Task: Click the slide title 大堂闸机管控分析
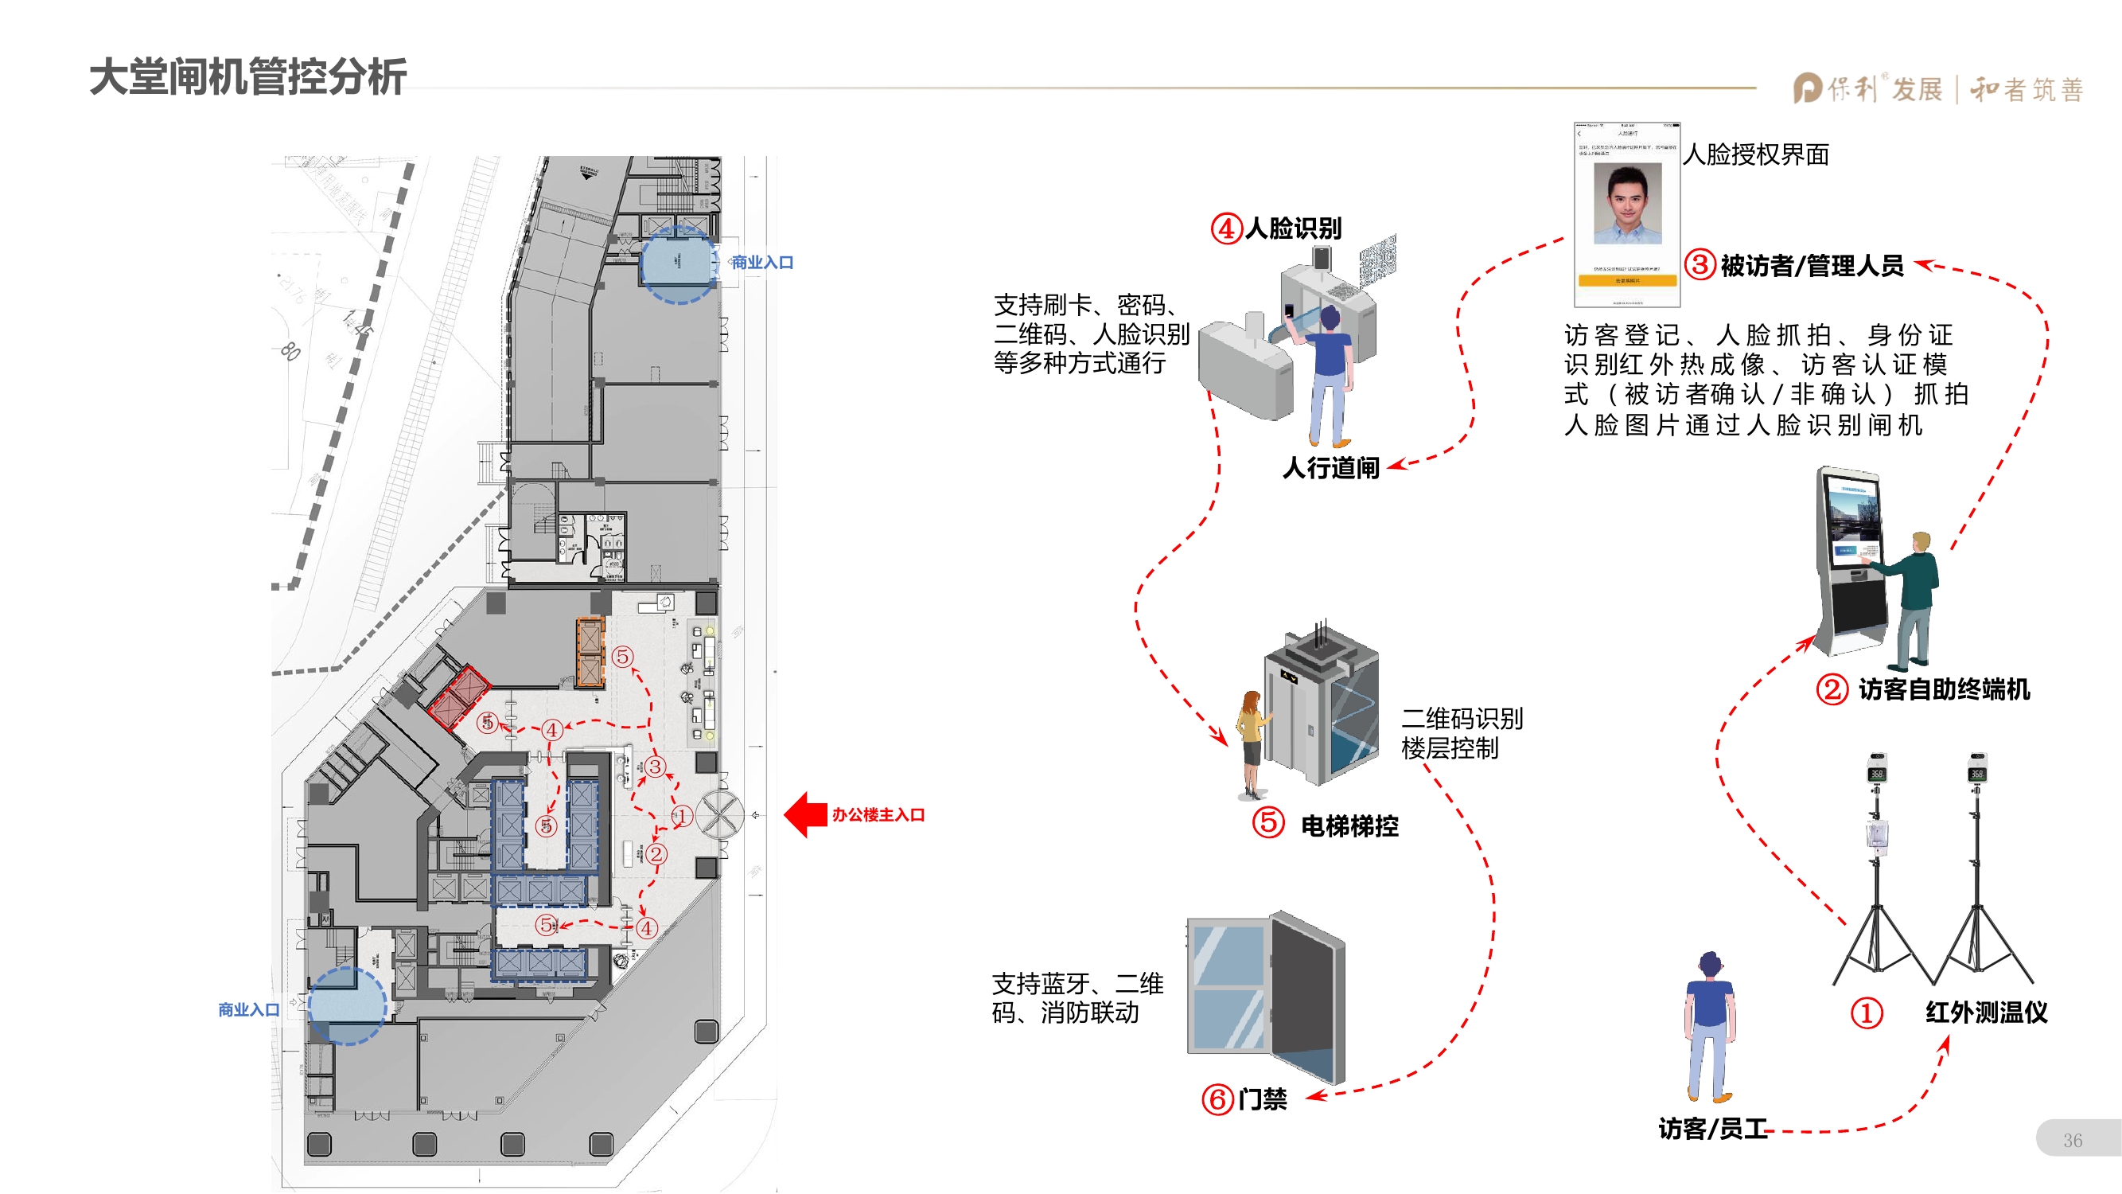247,76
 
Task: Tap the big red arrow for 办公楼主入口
806,815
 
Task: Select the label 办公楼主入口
878,815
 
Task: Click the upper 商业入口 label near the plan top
762,263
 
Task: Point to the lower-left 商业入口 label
249,1009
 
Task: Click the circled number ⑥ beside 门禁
1217,1099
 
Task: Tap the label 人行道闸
1330,468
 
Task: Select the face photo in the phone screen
1627,204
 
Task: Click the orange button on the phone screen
1627,281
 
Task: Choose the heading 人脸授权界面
1755,155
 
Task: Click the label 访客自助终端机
1944,689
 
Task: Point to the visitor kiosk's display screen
1853,528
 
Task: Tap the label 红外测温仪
1986,1012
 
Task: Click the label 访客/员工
1712,1128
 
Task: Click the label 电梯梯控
1349,825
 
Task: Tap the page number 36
2073,1141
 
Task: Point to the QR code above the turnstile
1378,259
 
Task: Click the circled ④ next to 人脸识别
1226,228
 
